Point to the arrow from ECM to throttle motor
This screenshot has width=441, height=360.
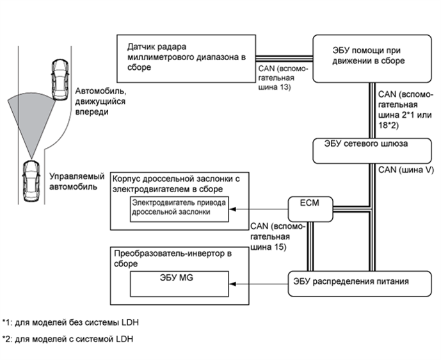(x=260, y=208)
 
